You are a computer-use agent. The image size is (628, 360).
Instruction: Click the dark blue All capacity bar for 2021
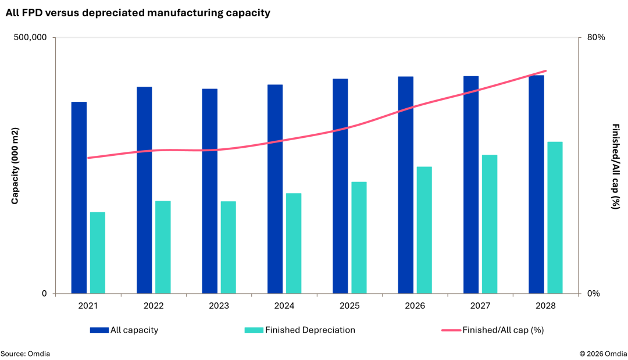pos(79,198)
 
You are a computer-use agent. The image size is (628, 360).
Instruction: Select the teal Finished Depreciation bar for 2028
pos(555,218)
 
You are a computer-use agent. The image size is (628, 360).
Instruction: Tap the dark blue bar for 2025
pos(340,186)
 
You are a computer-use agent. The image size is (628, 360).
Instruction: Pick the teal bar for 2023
pos(229,248)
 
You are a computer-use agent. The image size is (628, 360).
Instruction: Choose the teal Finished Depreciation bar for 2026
pos(424,230)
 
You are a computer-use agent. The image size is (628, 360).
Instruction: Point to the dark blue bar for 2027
pos(471,184)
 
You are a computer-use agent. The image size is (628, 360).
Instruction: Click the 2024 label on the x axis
pos(284,306)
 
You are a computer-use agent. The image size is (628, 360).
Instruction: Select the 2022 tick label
pos(154,306)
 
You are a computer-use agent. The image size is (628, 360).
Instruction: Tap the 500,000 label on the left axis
pos(30,37)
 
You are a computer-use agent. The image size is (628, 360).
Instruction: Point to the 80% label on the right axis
pos(596,37)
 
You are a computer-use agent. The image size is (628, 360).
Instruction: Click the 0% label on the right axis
pos(594,294)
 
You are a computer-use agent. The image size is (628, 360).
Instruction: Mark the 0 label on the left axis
pos(44,294)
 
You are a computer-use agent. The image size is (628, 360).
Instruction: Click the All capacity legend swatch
pos(99,330)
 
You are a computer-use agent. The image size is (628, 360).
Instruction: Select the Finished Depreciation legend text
pos(310,330)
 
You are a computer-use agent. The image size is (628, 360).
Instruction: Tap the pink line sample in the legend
pos(451,330)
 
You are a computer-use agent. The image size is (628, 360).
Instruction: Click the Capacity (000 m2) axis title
pos(15,166)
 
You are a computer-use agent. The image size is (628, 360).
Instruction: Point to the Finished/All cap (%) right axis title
pos(616,166)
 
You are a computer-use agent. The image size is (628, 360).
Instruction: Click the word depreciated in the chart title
pos(113,13)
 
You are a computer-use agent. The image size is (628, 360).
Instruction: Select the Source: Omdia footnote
pos(25,354)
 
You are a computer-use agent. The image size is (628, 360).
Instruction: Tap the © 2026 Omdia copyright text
pos(603,354)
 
